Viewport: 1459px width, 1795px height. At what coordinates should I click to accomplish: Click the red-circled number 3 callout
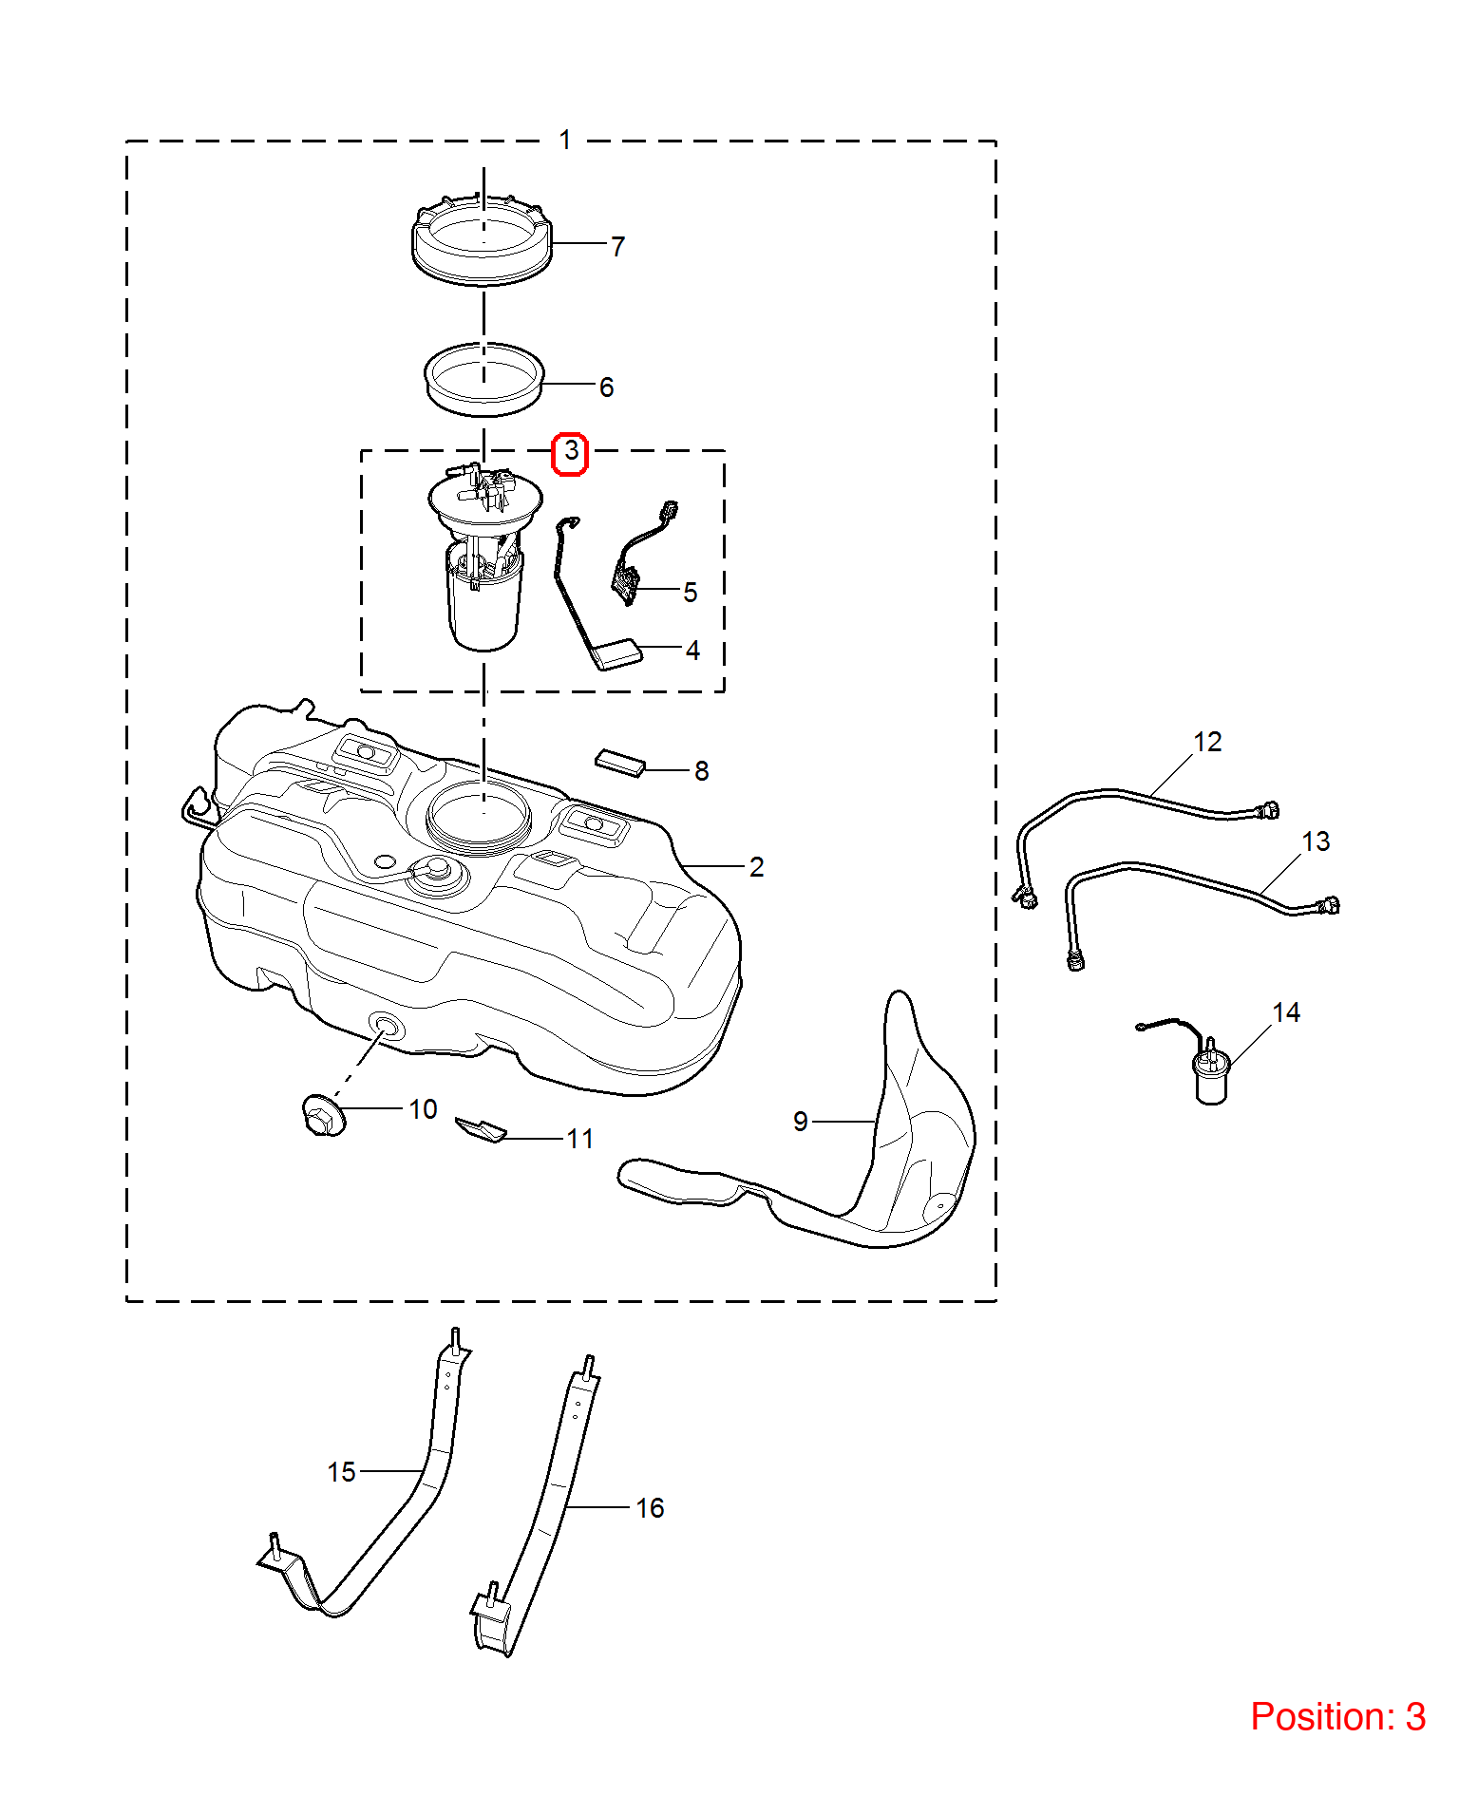tap(570, 453)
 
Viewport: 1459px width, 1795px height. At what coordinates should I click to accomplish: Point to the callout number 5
tap(691, 593)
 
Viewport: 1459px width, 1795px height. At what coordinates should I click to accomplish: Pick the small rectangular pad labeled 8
tap(620, 763)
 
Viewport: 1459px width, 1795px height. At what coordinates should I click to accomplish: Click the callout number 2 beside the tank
tap(756, 867)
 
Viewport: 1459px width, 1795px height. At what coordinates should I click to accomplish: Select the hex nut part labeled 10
tap(323, 1115)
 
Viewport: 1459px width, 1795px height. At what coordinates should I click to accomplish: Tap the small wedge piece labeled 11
tap(481, 1129)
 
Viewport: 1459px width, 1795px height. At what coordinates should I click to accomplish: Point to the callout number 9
tap(801, 1122)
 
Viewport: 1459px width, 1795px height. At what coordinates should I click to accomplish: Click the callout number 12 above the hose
tap(1207, 742)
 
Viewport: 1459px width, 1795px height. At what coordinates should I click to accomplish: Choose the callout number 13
tap(1316, 841)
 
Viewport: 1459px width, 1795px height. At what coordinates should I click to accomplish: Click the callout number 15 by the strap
tap(341, 1472)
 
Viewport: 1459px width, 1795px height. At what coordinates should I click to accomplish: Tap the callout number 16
tap(650, 1508)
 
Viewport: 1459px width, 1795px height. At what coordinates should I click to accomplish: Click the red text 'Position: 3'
tap(1337, 1717)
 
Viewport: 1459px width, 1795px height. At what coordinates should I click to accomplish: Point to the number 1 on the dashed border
tap(565, 141)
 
